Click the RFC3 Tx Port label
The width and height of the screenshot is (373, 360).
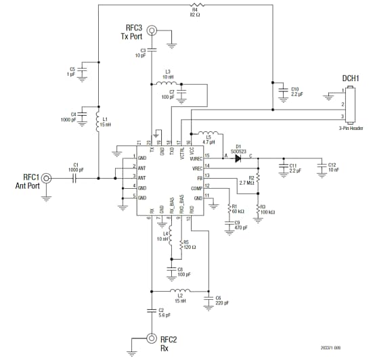point(133,32)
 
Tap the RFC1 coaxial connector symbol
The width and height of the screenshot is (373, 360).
point(47,179)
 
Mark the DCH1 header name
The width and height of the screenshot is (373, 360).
point(349,78)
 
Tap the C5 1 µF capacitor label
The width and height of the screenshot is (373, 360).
point(72,72)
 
